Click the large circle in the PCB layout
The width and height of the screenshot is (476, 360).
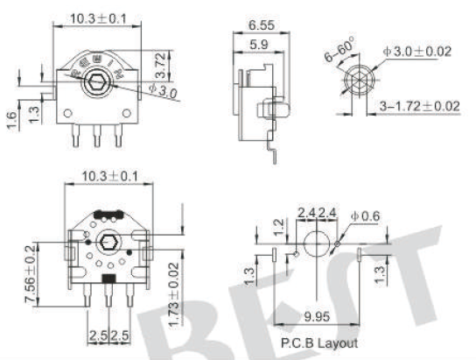317,243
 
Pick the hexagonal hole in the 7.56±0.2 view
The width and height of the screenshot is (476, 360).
108,243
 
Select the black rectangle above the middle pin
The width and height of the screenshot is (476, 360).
108,279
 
